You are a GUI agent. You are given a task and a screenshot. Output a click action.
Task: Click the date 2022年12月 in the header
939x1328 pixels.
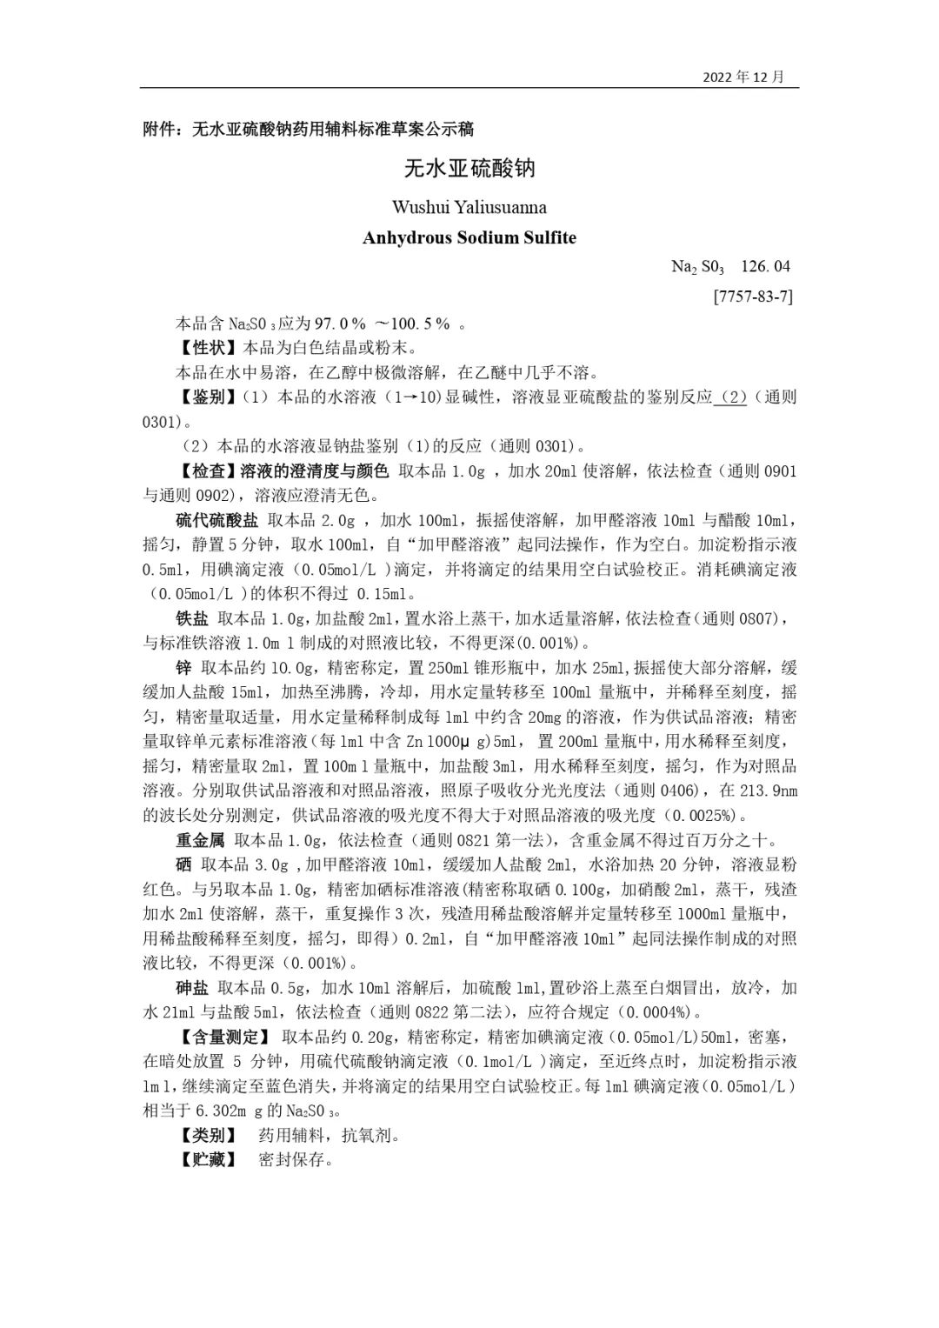(x=743, y=77)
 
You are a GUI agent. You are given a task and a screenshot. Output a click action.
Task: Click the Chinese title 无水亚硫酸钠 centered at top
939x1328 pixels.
(x=469, y=168)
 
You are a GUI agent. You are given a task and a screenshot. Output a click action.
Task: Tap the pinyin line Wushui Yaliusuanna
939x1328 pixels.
(x=469, y=207)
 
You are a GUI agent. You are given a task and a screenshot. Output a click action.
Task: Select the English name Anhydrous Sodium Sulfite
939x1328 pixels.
(x=469, y=237)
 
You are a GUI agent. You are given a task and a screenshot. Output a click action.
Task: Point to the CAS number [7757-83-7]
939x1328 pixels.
(x=753, y=296)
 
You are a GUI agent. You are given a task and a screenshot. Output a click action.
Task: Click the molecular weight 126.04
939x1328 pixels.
(x=766, y=266)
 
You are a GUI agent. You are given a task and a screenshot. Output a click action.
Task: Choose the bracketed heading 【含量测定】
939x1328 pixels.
(x=223, y=1038)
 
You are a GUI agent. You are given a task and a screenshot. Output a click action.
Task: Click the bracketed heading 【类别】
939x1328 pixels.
(x=206, y=1136)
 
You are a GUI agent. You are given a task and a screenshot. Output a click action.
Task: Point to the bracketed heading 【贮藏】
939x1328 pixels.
(x=206, y=1160)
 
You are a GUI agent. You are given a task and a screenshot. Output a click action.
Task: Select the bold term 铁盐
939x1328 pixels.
(x=192, y=619)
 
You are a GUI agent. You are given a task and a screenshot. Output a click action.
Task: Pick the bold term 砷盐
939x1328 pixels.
(x=192, y=988)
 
